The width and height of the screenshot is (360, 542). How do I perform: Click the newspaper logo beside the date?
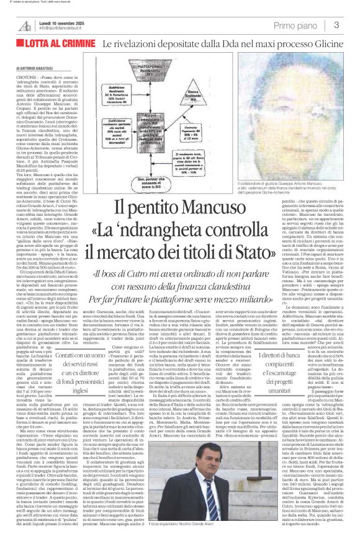(24, 25)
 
